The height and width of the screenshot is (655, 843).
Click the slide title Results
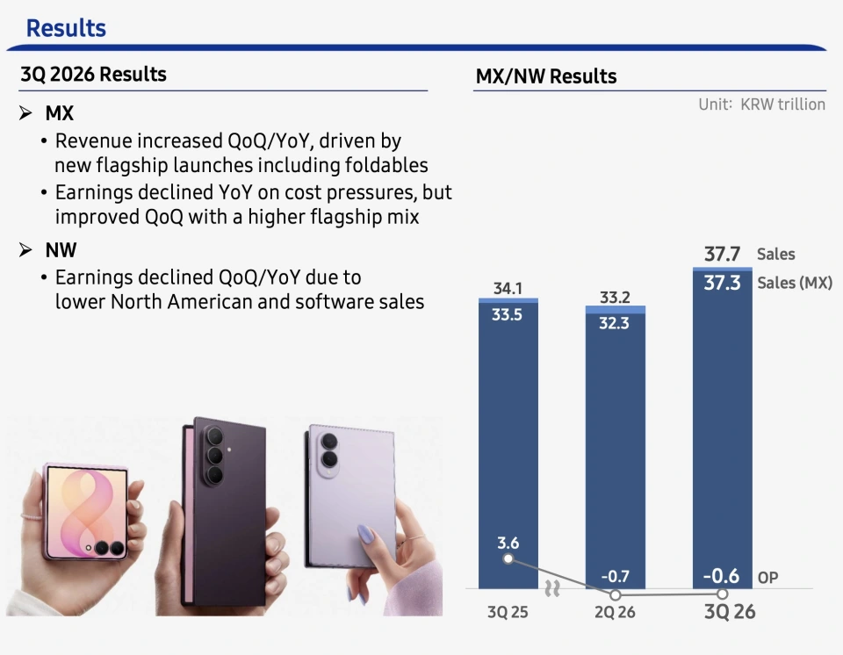coord(66,28)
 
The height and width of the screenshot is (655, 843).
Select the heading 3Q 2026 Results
coord(94,75)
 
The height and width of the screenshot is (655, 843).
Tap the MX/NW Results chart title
coord(546,76)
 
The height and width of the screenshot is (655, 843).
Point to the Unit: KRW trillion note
coord(762,104)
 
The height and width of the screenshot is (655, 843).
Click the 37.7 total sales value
coord(722,254)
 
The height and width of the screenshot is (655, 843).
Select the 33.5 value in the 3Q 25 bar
coord(507,314)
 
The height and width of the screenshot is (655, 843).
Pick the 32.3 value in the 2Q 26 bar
coord(614,323)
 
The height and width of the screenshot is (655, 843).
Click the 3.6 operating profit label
coord(508,543)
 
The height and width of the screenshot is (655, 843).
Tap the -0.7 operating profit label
coord(615,577)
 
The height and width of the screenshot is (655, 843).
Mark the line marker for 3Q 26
coord(723,594)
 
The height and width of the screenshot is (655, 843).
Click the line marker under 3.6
coord(508,559)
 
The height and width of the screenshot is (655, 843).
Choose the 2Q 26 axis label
coord(615,612)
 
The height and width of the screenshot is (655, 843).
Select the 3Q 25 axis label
coord(508,612)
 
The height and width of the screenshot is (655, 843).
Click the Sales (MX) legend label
coord(795,283)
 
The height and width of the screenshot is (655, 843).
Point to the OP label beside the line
coord(767,578)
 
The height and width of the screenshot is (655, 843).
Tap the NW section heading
coord(61,250)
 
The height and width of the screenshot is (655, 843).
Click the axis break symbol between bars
coord(552,588)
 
